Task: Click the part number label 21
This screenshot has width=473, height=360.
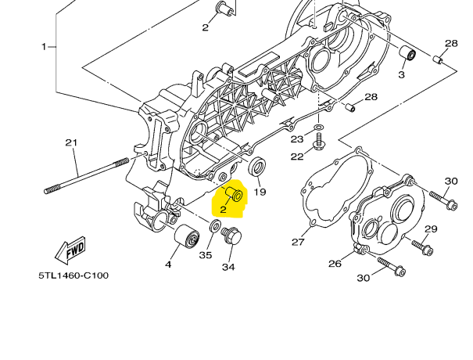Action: [71, 142]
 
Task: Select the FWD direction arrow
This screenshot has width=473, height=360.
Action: [70, 250]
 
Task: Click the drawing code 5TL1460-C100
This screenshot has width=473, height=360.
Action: [73, 275]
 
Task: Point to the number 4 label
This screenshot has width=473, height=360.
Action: [168, 265]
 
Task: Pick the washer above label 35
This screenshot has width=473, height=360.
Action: [213, 228]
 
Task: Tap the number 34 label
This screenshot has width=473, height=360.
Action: [228, 268]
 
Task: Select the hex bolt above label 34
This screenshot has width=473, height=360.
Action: [231, 236]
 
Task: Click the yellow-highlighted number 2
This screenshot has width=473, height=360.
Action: [223, 209]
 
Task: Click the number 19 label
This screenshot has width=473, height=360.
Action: [260, 192]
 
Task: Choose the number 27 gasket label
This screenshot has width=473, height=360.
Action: [298, 242]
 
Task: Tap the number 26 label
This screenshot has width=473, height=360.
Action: [335, 264]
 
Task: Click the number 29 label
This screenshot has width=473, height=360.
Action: [431, 229]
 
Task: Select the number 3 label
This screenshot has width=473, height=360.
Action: [401, 75]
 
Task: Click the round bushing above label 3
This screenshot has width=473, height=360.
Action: [406, 55]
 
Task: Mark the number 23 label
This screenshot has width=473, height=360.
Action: [297, 139]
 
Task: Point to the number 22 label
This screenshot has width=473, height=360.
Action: [297, 157]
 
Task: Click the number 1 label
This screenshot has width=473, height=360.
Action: [45, 46]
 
